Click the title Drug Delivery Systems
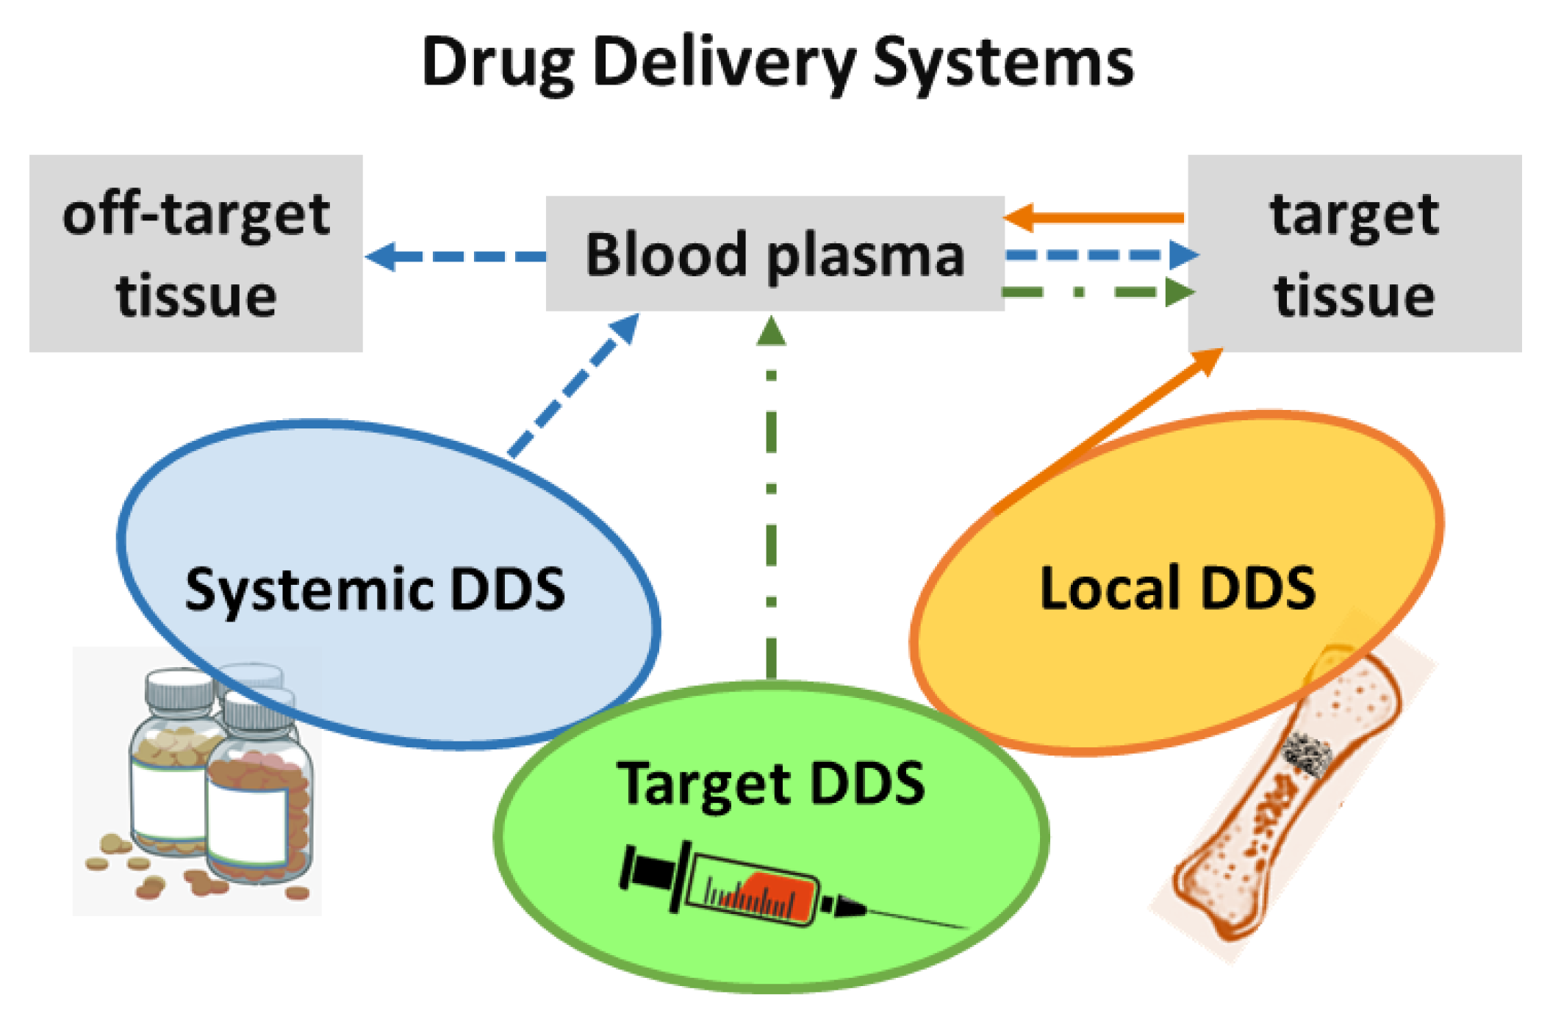(x=776, y=63)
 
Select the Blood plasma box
(x=775, y=253)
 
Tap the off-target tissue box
(x=195, y=253)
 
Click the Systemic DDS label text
(x=375, y=589)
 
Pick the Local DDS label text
(x=1177, y=588)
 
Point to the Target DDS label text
(x=770, y=783)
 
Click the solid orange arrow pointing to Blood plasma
(x=1095, y=217)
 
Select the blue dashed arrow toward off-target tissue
(x=456, y=256)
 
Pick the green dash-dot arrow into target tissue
(x=1095, y=292)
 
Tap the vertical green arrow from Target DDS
(x=771, y=500)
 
